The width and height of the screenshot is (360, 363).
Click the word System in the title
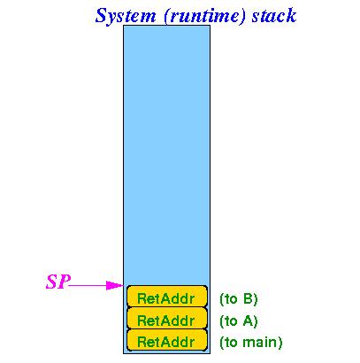(x=126, y=16)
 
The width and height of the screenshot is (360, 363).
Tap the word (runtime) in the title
(x=204, y=16)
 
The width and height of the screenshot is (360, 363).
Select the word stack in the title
(x=274, y=15)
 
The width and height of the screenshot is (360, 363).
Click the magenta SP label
(x=58, y=282)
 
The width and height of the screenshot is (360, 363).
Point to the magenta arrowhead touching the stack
(x=115, y=285)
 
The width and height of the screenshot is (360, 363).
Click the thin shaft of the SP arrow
(x=88, y=285)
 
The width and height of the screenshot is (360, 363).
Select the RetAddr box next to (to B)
(x=167, y=297)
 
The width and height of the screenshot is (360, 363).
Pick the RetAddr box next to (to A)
(x=167, y=318)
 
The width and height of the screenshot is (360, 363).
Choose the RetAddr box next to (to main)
(x=167, y=340)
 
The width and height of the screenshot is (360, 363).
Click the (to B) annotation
(x=239, y=299)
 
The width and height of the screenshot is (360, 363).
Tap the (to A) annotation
(x=239, y=321)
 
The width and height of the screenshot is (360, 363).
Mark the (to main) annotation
(x=251, y=343)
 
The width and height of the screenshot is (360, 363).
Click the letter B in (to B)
(x=249, y=298)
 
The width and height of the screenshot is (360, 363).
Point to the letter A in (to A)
(x=249, y=321)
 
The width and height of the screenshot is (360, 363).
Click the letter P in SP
(x=65, y=282)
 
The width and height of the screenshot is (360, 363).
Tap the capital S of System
(x=102, y=15)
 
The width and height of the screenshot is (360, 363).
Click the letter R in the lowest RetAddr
(x=142, y=343)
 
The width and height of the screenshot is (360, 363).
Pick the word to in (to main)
(x=231, y=343)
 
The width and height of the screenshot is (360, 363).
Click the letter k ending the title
(x=291, y=15)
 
